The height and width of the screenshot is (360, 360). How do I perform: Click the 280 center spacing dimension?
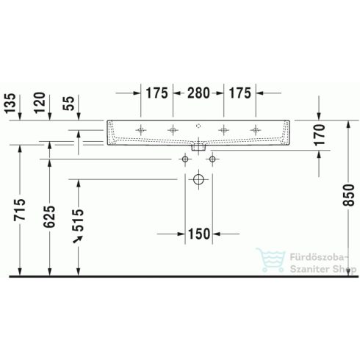(198, 93)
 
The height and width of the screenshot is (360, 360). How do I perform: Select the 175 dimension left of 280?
(156, 93)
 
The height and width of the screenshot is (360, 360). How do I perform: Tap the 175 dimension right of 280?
(240, 93)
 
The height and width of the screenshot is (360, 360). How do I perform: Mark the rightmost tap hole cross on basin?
(256, 129)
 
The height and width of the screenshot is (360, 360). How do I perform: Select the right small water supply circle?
(212, 158)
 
